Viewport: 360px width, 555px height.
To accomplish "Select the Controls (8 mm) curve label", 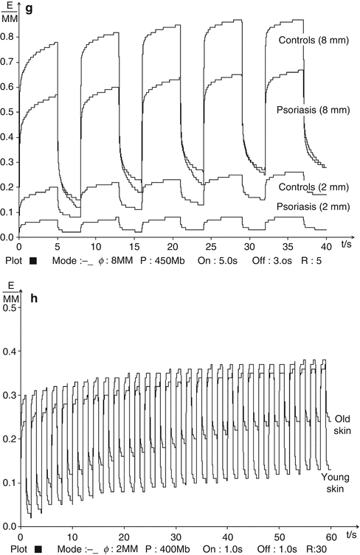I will coord(310,40).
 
